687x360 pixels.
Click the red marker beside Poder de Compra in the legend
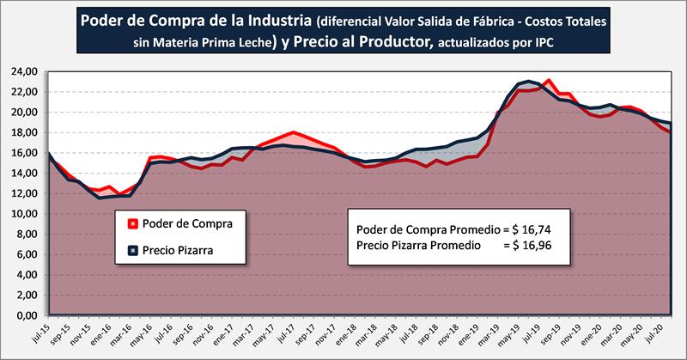click(133, 224)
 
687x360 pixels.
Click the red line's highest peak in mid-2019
click(548, 81)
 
